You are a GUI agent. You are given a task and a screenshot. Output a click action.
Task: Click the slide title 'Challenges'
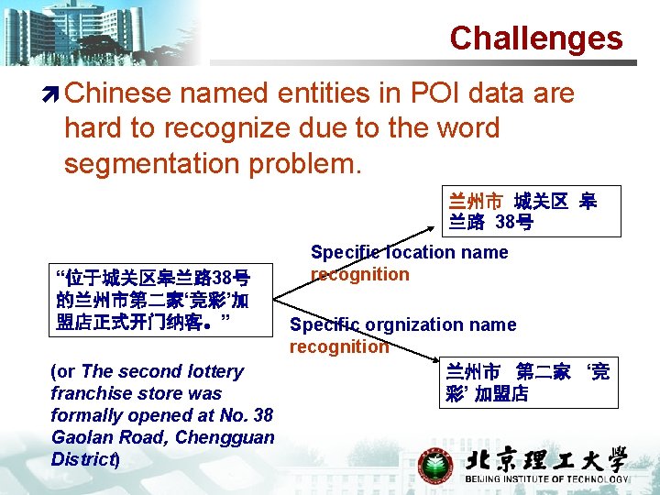[535, 38]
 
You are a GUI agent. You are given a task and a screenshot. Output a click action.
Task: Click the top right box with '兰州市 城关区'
[520, 211]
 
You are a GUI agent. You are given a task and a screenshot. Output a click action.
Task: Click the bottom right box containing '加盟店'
[527, 382]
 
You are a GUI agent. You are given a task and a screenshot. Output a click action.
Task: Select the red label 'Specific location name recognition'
[408, 263]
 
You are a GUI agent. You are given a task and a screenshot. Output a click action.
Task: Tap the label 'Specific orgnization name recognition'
[402, 335]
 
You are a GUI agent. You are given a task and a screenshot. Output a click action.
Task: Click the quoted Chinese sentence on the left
[152, 301]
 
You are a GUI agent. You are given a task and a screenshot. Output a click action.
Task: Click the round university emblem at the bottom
[435, 465]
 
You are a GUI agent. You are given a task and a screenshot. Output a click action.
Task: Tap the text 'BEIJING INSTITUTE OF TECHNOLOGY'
[547, 479]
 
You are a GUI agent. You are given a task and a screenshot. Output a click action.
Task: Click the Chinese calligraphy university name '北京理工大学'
[547, 460]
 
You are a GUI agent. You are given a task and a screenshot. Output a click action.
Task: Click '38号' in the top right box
[514, 222]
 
